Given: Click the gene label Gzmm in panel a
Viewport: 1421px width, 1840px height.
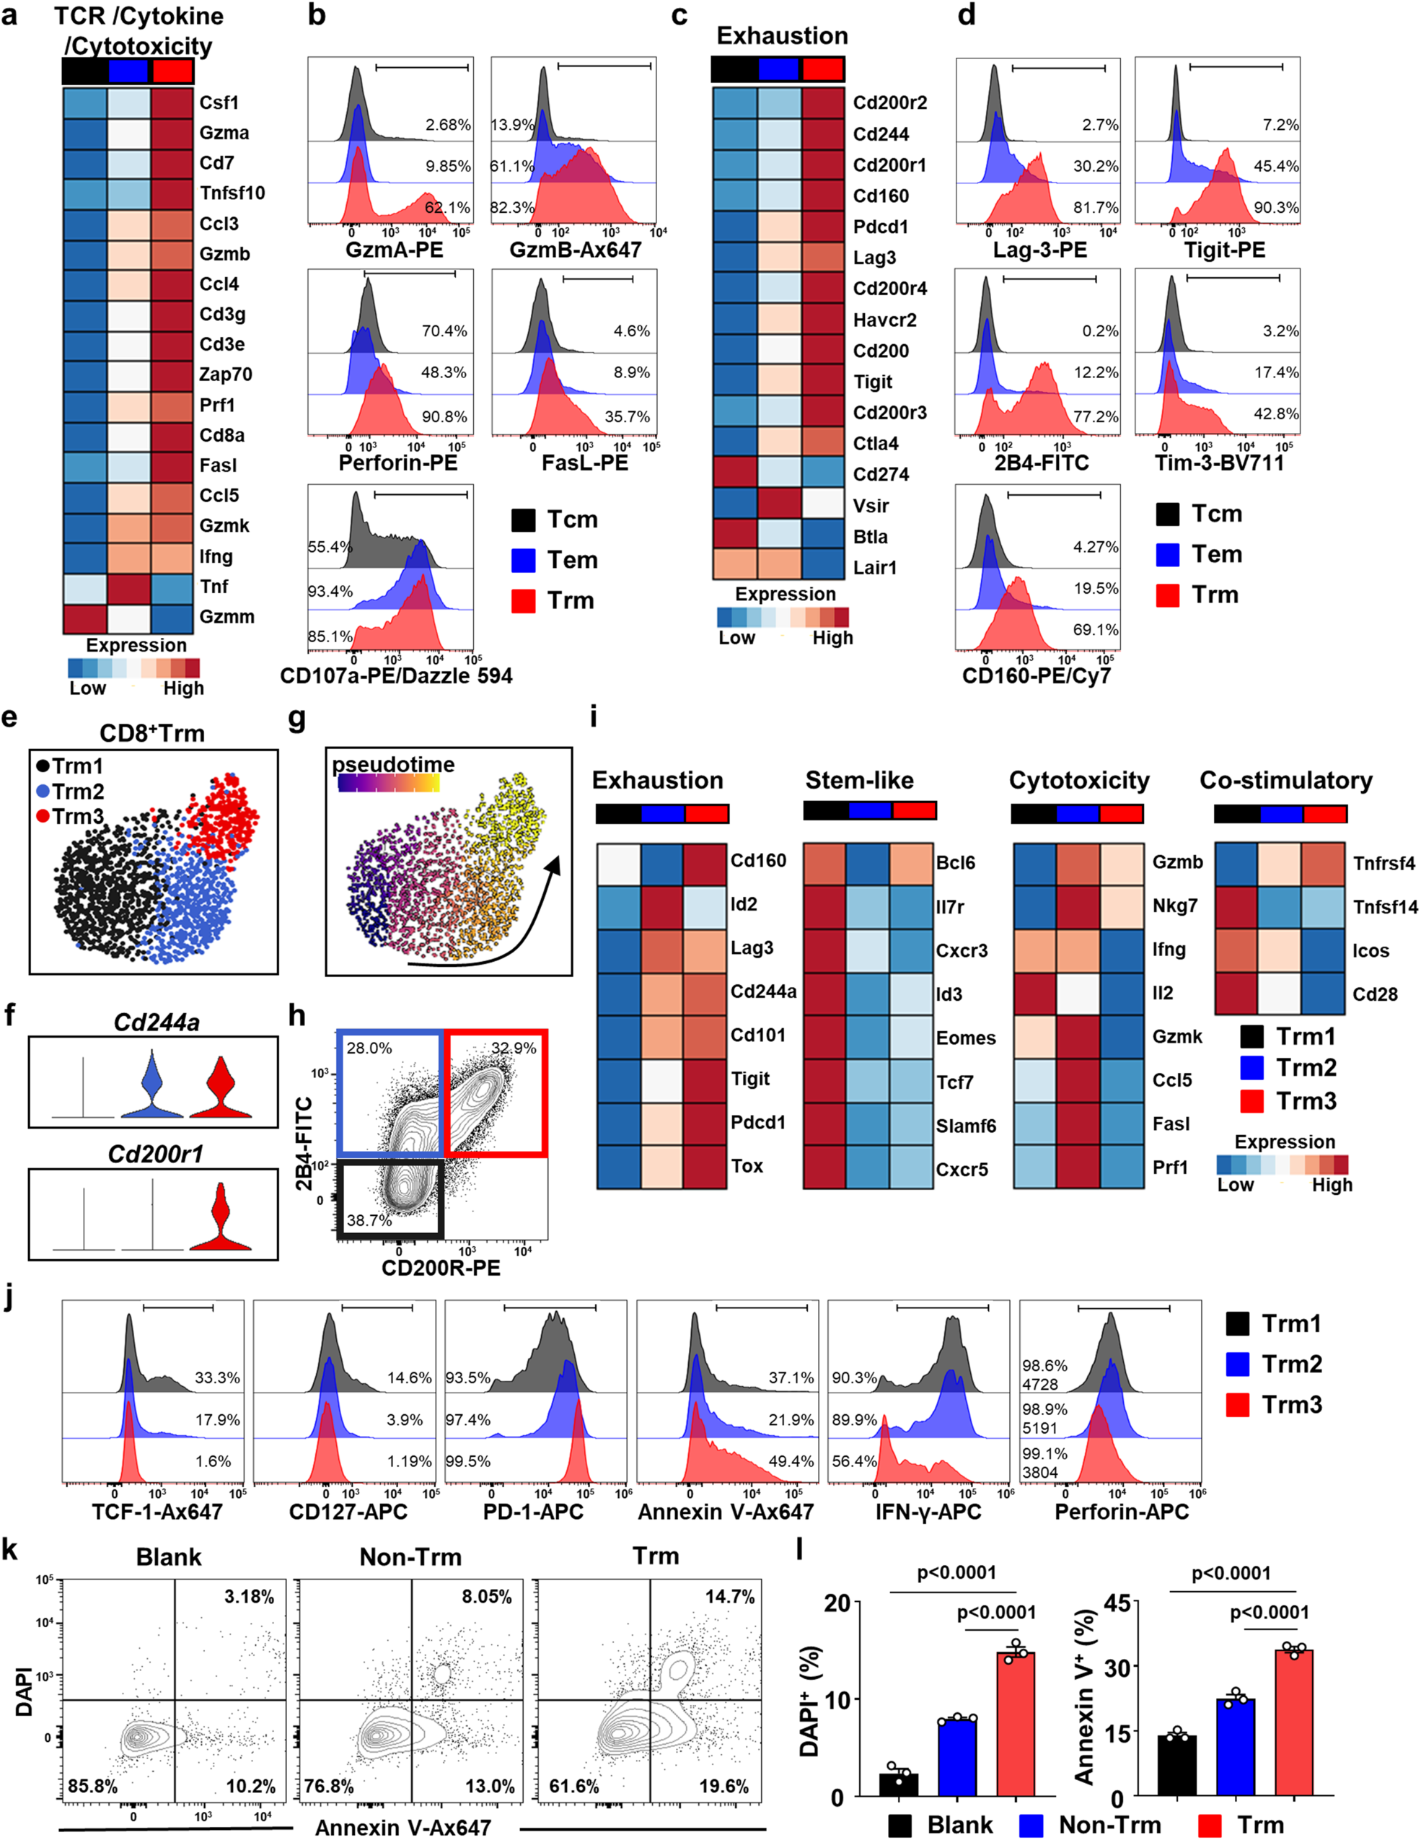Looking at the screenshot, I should (226, 617).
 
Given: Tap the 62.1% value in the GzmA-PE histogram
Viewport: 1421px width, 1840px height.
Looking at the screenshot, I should (447, 207).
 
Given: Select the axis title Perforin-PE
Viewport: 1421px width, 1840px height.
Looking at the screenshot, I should (397, 463).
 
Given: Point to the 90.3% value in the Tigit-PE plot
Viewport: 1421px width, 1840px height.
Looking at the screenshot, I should (1276, 207).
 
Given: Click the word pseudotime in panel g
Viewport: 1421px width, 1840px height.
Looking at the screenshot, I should (392, 764).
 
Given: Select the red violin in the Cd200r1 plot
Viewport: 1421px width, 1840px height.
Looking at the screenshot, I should (221, 1220).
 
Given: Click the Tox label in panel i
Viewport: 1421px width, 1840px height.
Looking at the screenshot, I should (747, 1166).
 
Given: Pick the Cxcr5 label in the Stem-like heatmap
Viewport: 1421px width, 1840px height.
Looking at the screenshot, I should (962, 1170).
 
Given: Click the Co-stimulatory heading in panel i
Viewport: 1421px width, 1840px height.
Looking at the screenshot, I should (1285, 780).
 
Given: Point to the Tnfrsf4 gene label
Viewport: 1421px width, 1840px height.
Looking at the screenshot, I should (1384, 864).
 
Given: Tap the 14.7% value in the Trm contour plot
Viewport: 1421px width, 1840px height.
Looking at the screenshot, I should (729, 1597).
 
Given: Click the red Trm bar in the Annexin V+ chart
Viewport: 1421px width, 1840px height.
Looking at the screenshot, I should (1294, 1723).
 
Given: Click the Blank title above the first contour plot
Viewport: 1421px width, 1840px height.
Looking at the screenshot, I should (169, 1557).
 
